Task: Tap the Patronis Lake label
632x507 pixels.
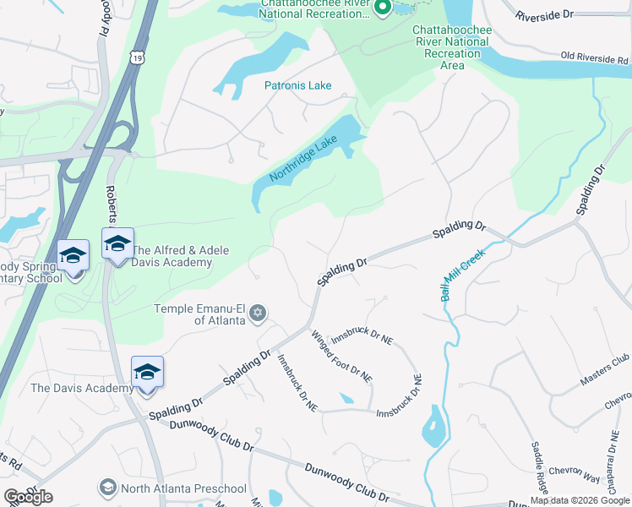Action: (297, 85)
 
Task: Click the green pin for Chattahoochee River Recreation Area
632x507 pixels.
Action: (381, 8)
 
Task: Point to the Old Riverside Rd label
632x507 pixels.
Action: (596, 58)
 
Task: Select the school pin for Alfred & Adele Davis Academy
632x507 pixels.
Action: (117, 243)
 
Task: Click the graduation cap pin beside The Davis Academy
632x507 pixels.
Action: (147, 372)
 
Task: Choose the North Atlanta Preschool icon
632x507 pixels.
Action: (108, 488)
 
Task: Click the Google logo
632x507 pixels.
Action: (28, 497)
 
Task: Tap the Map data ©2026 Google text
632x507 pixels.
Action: (580, 500)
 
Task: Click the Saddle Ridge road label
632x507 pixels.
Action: (540, 467)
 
